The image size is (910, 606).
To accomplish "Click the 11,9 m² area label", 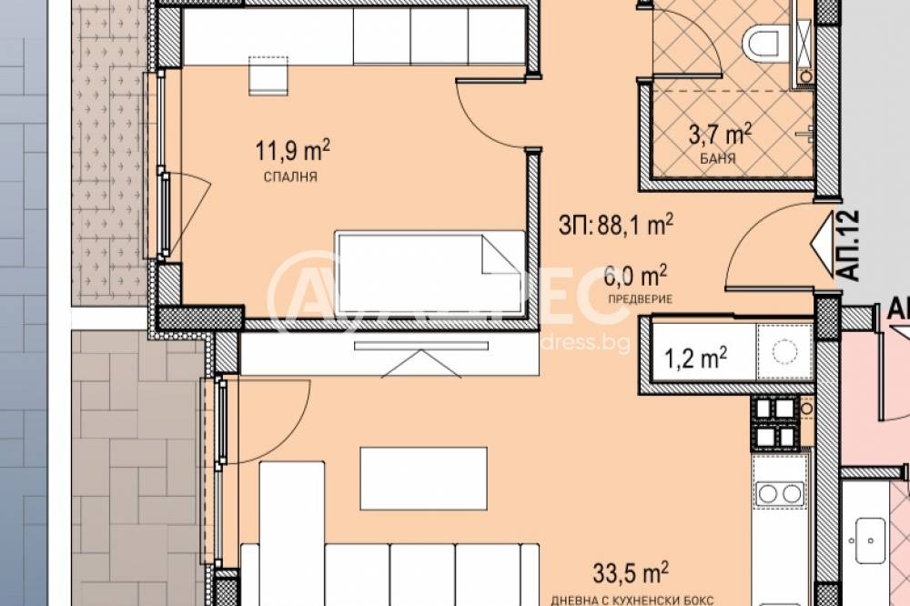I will click(292, 148).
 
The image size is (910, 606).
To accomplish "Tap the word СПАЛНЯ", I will click(292, 177).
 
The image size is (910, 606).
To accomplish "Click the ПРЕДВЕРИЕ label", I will click(640, 298).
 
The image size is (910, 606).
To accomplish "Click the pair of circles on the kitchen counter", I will click(780, 493).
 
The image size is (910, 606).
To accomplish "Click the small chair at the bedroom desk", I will click(268, 73).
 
